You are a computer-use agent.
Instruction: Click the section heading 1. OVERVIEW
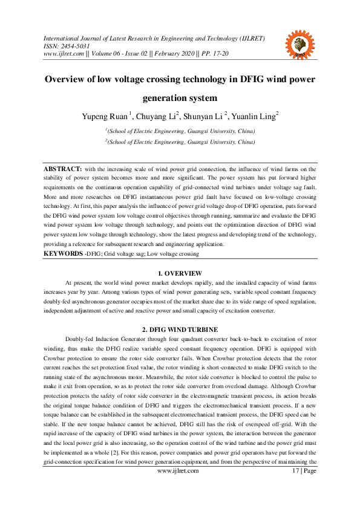(180, 274)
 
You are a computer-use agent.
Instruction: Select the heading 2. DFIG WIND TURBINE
(180, 329)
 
